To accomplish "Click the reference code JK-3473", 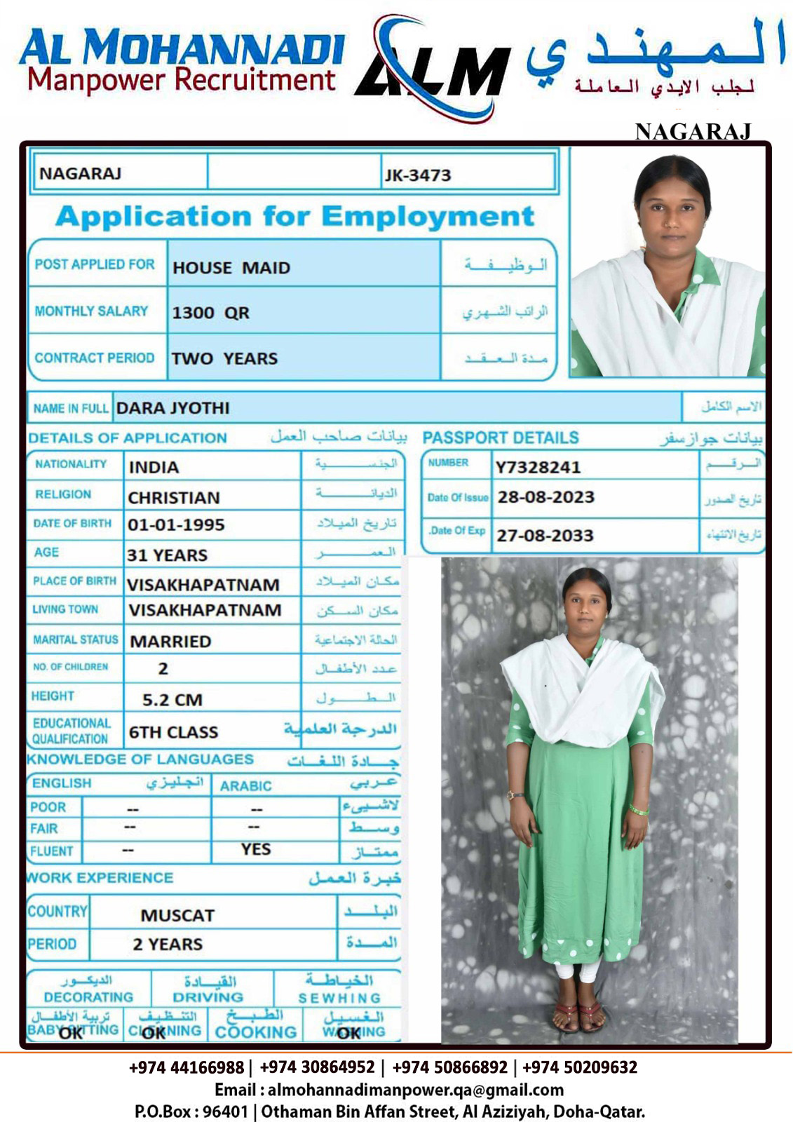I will [x=417, y=175].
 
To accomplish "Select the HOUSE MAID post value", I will [x=231, y=268].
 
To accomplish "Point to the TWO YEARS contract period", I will [x=224, y=358].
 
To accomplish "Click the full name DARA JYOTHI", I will [x=172, y=408].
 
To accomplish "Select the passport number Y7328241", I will [x=538, y=467].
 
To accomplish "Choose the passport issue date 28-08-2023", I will [x=545, y=498].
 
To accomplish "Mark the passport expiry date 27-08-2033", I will [x=545, y=536].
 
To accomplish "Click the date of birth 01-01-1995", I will [x=176, y=525].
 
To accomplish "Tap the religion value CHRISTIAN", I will [x=174, y=498].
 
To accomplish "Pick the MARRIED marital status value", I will [x=170, y=642].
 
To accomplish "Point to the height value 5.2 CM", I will [x=172, y=700].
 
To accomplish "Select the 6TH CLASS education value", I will [x=173, y=732].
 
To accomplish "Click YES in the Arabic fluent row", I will [x=255, y=849].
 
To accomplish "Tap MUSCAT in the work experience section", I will [x=177, y=916].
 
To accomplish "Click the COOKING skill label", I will [x=255, y=1032].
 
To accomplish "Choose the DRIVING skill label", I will [x=208, y=997].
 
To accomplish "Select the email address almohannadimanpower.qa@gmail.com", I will [x=415, y=1090].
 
